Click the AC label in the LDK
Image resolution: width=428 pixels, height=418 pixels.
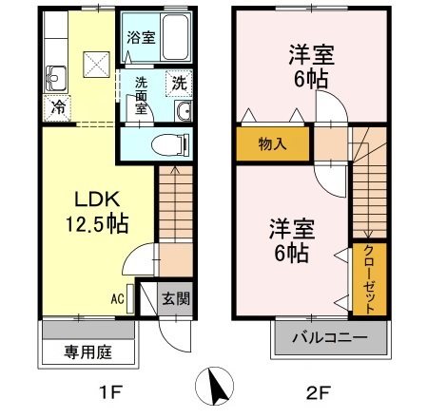[117, 299]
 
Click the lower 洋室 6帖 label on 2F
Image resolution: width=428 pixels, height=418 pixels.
[288, 241]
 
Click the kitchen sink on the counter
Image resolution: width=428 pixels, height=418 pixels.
[54, 77]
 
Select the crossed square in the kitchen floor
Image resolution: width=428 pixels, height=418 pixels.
[96, 65]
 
